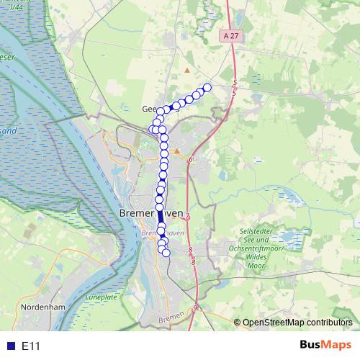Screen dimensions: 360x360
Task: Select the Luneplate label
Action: coord(99,297)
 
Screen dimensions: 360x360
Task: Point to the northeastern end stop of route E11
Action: coord(207,88)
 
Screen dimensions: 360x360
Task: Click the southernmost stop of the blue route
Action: coord(166,252)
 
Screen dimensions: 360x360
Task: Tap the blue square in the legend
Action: coord(9,346)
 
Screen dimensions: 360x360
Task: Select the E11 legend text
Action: coord(31,346)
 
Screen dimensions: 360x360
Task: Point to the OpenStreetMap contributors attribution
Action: coord(297,323)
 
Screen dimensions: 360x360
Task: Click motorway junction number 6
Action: coord(192,159)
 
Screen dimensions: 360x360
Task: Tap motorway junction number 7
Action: coord(187,216)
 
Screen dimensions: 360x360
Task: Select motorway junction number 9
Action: coord(194,308)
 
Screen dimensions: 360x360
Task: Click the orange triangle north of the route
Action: coord(187,71)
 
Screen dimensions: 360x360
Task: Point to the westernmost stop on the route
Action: coord(153,129)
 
